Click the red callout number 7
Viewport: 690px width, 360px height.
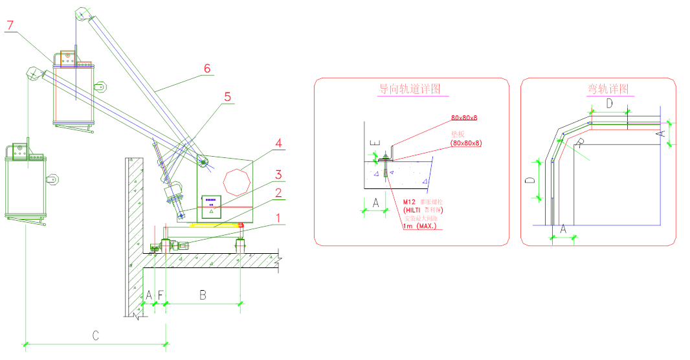tap(9, 26)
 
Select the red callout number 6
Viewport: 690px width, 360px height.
tap(206, 68)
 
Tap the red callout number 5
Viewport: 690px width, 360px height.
tap(227, 96)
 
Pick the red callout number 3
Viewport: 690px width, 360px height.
tap(278, 175)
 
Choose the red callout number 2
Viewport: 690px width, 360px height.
tap(278, 193)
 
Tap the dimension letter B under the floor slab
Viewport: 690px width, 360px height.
tap(203, 295)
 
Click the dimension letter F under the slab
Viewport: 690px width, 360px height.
tap(161, 295)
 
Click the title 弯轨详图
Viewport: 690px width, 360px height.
tap(607, 89)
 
